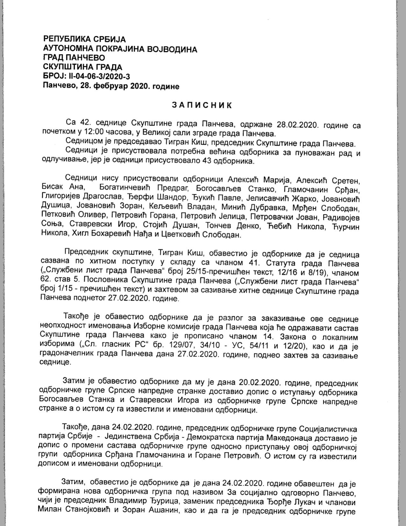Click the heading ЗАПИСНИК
tap(202, 105)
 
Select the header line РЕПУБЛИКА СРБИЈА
tap(84, 39)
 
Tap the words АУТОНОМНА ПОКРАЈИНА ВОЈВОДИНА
tap(120, 49)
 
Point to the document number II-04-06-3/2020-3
tap(99, 76)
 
